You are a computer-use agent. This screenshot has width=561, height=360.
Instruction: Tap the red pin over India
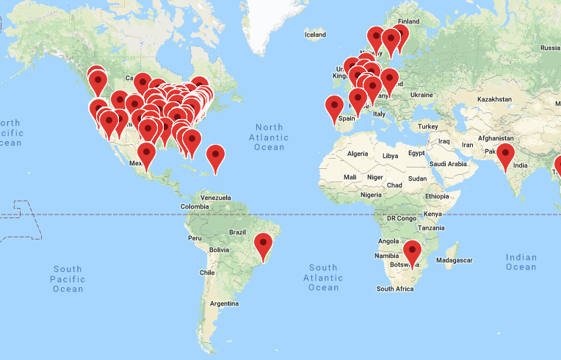point(505,154)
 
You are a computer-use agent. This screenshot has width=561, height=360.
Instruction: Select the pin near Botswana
point(412,252)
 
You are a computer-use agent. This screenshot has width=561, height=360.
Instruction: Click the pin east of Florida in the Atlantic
point(215,156)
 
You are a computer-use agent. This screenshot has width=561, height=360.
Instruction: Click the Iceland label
point(315,35)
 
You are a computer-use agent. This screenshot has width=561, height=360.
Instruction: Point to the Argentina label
point(224,303)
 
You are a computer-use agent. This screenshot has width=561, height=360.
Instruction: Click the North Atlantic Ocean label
point(269,137)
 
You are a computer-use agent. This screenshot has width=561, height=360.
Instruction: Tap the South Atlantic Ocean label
point(323,277)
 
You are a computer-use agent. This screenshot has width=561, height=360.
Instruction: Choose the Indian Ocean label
point(521,262)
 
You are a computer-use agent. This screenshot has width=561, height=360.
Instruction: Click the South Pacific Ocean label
point(68,279)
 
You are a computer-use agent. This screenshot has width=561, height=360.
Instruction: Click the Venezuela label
point(217,198)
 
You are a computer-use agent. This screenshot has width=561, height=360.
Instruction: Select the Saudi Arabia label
point(449,164)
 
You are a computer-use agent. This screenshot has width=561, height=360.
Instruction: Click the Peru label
point(195,238)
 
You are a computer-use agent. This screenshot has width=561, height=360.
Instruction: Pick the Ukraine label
point(421,95)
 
